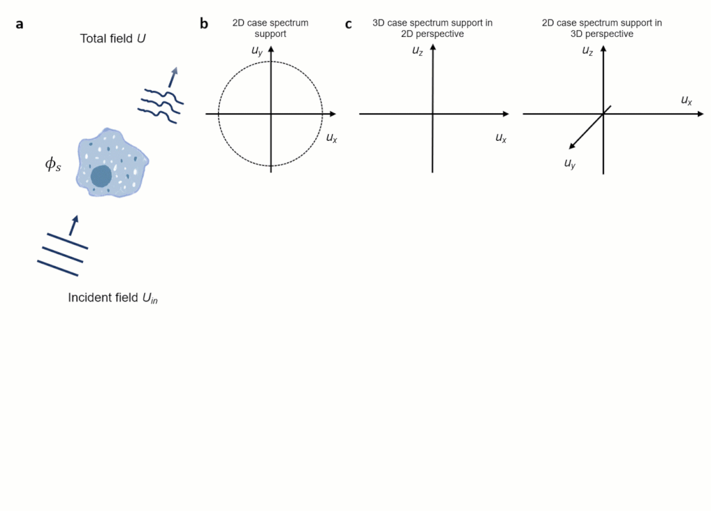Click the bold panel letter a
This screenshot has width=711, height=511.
[x=20, y=24]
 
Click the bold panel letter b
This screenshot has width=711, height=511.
[x=204, y=24]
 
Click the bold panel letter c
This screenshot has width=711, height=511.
[x=349, y=25]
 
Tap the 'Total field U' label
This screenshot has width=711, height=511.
[x=113, y=39]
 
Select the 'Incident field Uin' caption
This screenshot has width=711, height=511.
[x=113, y=298]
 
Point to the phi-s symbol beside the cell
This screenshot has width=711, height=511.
[x=53, y=165]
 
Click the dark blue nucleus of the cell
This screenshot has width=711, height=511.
[x=101, y=176]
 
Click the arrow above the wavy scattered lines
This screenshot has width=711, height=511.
[x=173, y=76]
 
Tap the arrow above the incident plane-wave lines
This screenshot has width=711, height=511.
[x=74, y=225]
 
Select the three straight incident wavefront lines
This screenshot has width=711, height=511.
[x=62, y=254]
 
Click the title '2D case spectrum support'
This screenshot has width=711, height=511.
[x=270, y=28]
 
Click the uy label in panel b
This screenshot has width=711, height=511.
[x=258, y=49]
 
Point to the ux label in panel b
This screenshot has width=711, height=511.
[x=331, y=138]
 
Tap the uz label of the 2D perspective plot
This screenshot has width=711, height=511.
[x=418, y=50]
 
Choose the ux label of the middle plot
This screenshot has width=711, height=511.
[x=501, y=138]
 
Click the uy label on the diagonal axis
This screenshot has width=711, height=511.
[x=570, y=163]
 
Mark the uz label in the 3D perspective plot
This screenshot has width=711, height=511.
[x=588, y=50]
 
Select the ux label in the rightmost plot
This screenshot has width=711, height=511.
[x=686, y=100]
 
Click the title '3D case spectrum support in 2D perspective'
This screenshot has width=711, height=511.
[x=432, y=28]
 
